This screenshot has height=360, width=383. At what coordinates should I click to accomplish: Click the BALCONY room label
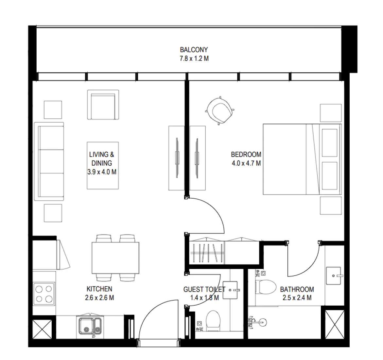point(194,50)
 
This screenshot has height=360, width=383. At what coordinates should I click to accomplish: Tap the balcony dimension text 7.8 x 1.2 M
point(194,59)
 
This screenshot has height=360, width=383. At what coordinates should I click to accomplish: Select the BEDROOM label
point(246,154)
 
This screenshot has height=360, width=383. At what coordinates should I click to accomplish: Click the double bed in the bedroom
point(302,159)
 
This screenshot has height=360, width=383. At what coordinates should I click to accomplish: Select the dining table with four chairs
point(115,258)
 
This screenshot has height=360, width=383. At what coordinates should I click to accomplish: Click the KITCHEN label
point(99,289)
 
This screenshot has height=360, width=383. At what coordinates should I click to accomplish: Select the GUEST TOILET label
point(204,289)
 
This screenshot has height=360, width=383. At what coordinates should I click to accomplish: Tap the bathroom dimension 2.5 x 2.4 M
point(297,298)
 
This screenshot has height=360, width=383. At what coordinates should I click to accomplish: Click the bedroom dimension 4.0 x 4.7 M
point(246,163)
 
